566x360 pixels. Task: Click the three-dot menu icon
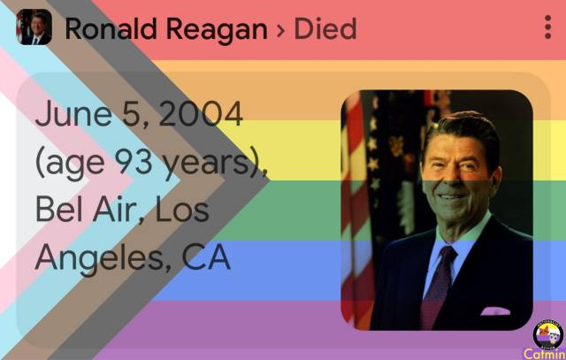(547, 27)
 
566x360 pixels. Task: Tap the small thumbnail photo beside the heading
(34, 27)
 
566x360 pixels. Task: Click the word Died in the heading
(325, 29)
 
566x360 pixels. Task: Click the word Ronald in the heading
(111, 29)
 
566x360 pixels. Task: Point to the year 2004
(201, 114)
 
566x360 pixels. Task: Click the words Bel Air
(86, 210)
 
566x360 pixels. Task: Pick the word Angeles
(100, 258)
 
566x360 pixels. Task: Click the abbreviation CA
(206, 257)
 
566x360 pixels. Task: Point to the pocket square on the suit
(495, 310)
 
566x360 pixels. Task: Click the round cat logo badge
(548, 334)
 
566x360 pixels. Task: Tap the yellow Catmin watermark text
(545, 354)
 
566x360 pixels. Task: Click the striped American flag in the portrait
(356, 210)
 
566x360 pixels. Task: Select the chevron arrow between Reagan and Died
(280, 30)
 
